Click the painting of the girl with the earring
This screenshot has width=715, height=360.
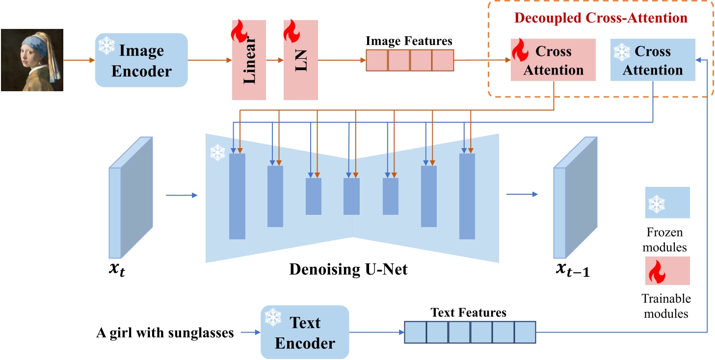[32, 60]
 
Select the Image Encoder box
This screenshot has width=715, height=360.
[141, 60]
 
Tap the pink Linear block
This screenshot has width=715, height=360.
[249, 60]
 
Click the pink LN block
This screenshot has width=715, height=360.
[300, 60]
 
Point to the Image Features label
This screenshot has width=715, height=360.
[409, 41]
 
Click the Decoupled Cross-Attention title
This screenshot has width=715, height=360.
[601, 19]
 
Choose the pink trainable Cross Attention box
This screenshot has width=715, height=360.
[553, 60]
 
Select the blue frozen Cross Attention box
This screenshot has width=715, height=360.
[653, 60]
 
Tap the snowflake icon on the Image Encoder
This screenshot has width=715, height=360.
[106, 45]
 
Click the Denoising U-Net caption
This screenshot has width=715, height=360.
[348, 269]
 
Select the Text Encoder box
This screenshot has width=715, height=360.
[305, 333]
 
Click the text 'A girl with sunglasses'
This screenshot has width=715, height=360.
[165, 333]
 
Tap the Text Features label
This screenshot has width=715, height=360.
[468, 312]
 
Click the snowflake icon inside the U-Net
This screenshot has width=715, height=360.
[217, 153]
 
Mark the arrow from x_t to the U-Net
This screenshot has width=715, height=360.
[181, 195]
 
